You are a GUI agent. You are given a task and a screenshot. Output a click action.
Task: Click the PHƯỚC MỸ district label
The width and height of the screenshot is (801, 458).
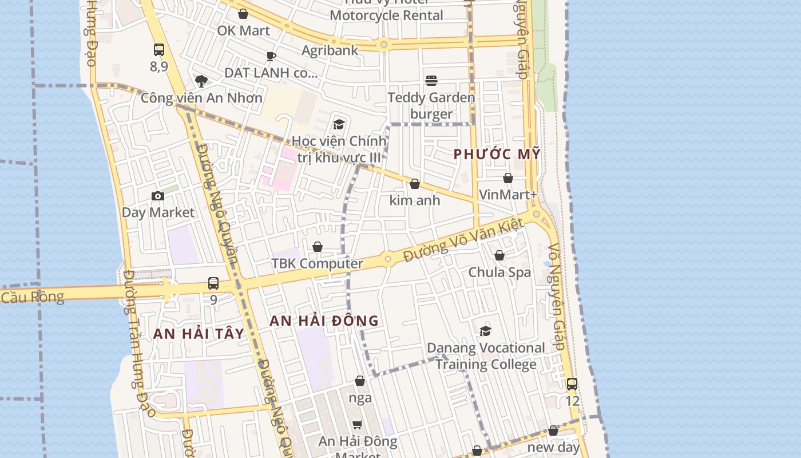(x=497, y=154)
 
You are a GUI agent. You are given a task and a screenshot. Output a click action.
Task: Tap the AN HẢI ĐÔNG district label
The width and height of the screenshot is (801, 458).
(x=324, y=321)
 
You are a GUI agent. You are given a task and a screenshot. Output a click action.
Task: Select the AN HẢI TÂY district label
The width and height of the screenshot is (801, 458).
(x=199, y=334)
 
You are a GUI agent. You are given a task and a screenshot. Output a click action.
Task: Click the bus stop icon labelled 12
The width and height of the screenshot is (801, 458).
(x=572, y=384)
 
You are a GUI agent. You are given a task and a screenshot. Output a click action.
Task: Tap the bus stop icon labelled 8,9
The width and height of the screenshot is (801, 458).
(x=159, y=50)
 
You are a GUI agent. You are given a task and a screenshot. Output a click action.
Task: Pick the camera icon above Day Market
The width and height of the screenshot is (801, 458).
(x=158, y=196)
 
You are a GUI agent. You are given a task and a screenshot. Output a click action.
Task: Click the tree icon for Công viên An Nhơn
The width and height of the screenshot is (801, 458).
(x=201, y=81)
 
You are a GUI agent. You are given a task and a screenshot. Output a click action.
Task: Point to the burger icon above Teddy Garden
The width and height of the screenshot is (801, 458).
(x=431, y=81)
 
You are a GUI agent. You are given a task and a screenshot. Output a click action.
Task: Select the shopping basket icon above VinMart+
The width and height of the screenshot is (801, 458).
(x=508, y=178)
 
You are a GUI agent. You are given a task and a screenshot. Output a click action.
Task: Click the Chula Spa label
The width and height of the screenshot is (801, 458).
(x=499, y=272)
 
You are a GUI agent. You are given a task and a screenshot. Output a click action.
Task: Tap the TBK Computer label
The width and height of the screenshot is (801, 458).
(x=317, y=263)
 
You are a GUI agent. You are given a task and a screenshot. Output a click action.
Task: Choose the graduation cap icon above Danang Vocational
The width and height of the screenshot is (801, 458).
(x=485, y=331)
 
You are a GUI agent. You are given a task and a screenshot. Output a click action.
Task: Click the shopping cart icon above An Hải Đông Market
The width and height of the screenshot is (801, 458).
(x=358, y=424)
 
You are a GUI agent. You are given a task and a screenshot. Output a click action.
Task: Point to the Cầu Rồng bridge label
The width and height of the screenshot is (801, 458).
(x=31, y=297)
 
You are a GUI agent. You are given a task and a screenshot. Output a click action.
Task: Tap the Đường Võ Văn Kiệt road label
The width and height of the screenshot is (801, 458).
(x=463, y=240)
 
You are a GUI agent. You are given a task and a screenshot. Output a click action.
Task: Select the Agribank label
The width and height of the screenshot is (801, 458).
(x=330, y=50)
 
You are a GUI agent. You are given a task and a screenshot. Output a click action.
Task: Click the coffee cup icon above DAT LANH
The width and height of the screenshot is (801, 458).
(x=271, y=56)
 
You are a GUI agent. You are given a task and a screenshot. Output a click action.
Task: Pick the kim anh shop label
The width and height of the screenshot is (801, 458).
(x=415, y=200)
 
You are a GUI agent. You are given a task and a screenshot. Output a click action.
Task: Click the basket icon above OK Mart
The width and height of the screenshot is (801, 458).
(x=243, y=14)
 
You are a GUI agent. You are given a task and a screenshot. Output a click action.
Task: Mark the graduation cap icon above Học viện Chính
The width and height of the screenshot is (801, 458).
(x=339, y=124)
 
